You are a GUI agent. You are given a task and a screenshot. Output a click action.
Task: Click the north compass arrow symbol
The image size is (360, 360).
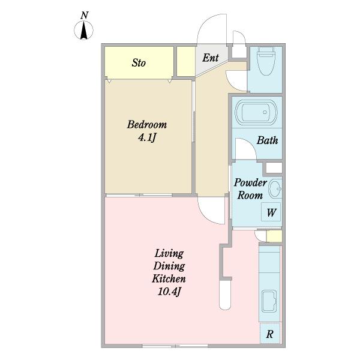click(83, 30)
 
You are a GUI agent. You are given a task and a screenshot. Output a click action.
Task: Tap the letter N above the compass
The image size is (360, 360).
click(84, 16)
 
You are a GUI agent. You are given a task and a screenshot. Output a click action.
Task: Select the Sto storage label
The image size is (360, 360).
click(139, 62)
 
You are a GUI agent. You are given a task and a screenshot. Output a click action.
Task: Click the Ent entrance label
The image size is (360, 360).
click(211, 58)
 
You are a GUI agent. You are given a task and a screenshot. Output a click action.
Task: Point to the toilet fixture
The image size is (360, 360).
click(266, 61)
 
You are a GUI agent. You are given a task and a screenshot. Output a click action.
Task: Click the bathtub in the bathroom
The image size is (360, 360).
click(256, 112)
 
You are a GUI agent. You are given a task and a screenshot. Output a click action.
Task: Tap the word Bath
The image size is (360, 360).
click(267, 140)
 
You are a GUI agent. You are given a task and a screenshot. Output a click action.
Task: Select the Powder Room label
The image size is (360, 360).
click(250, 189)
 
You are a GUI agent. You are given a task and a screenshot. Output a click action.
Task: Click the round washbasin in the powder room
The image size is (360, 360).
click(275, 189)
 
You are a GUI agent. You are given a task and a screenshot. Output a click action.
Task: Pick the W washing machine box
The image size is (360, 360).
click(271, 212)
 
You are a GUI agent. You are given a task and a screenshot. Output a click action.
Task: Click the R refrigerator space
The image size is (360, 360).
click(270, 334)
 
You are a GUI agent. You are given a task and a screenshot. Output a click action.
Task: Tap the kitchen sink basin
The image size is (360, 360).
click(269, 301)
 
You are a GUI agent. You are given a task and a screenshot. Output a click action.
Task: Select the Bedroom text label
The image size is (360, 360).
click(147, 125)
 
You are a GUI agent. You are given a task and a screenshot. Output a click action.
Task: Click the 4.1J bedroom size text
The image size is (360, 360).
click(147, 138)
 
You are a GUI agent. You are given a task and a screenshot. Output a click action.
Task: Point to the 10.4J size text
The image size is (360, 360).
click(169, 292)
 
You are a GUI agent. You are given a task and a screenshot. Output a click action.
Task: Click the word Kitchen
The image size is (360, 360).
click(169, 279)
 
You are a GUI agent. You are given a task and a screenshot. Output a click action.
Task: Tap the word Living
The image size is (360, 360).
click(169, 254)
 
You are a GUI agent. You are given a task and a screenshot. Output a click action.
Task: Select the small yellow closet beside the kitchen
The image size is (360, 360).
click(274, 236)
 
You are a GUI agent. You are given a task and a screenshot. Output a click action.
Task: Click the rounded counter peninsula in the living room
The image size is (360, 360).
click(225, 295)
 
